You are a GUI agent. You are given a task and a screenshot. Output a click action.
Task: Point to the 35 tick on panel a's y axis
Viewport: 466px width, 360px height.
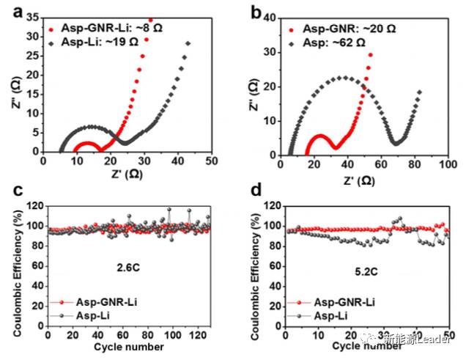click(x=32, y=18)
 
